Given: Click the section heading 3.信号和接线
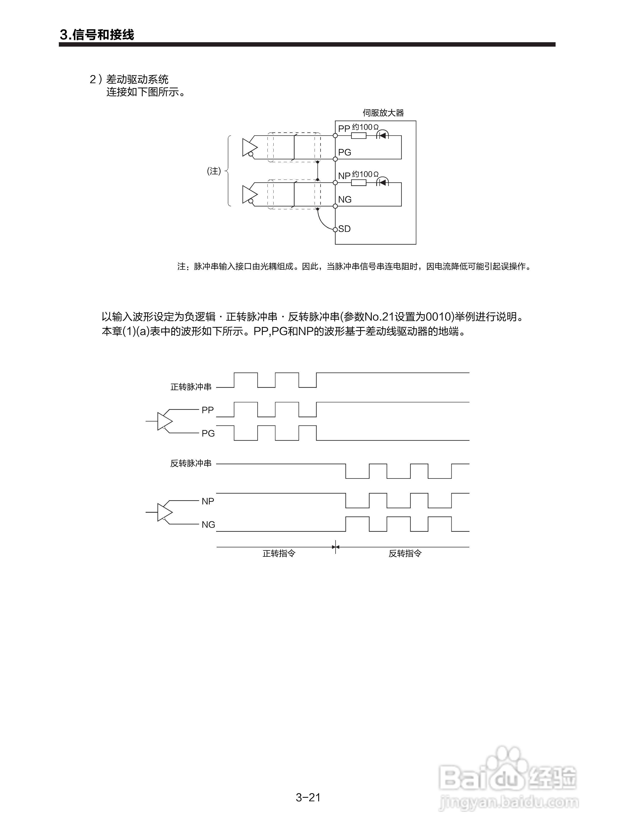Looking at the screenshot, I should click(x=97, y=35).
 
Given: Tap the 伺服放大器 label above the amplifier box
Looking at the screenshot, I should click(x=383, y=113).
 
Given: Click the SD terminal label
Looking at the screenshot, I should click(x=344, y=229).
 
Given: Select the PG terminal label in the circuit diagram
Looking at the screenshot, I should click(x=344, y=152).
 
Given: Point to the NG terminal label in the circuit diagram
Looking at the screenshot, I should click(x=345, y=200).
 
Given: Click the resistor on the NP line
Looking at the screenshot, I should click(x=359, y=183).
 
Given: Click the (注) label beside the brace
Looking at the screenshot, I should click(x=214, y=171).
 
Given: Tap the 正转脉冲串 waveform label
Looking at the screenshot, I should click(x=191, y=387).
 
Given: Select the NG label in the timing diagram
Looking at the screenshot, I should click(x=208, y=525).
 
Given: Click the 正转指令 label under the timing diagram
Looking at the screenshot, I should click(x=279, y=554).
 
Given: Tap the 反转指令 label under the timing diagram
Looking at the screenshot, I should click(x=405, y=554).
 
